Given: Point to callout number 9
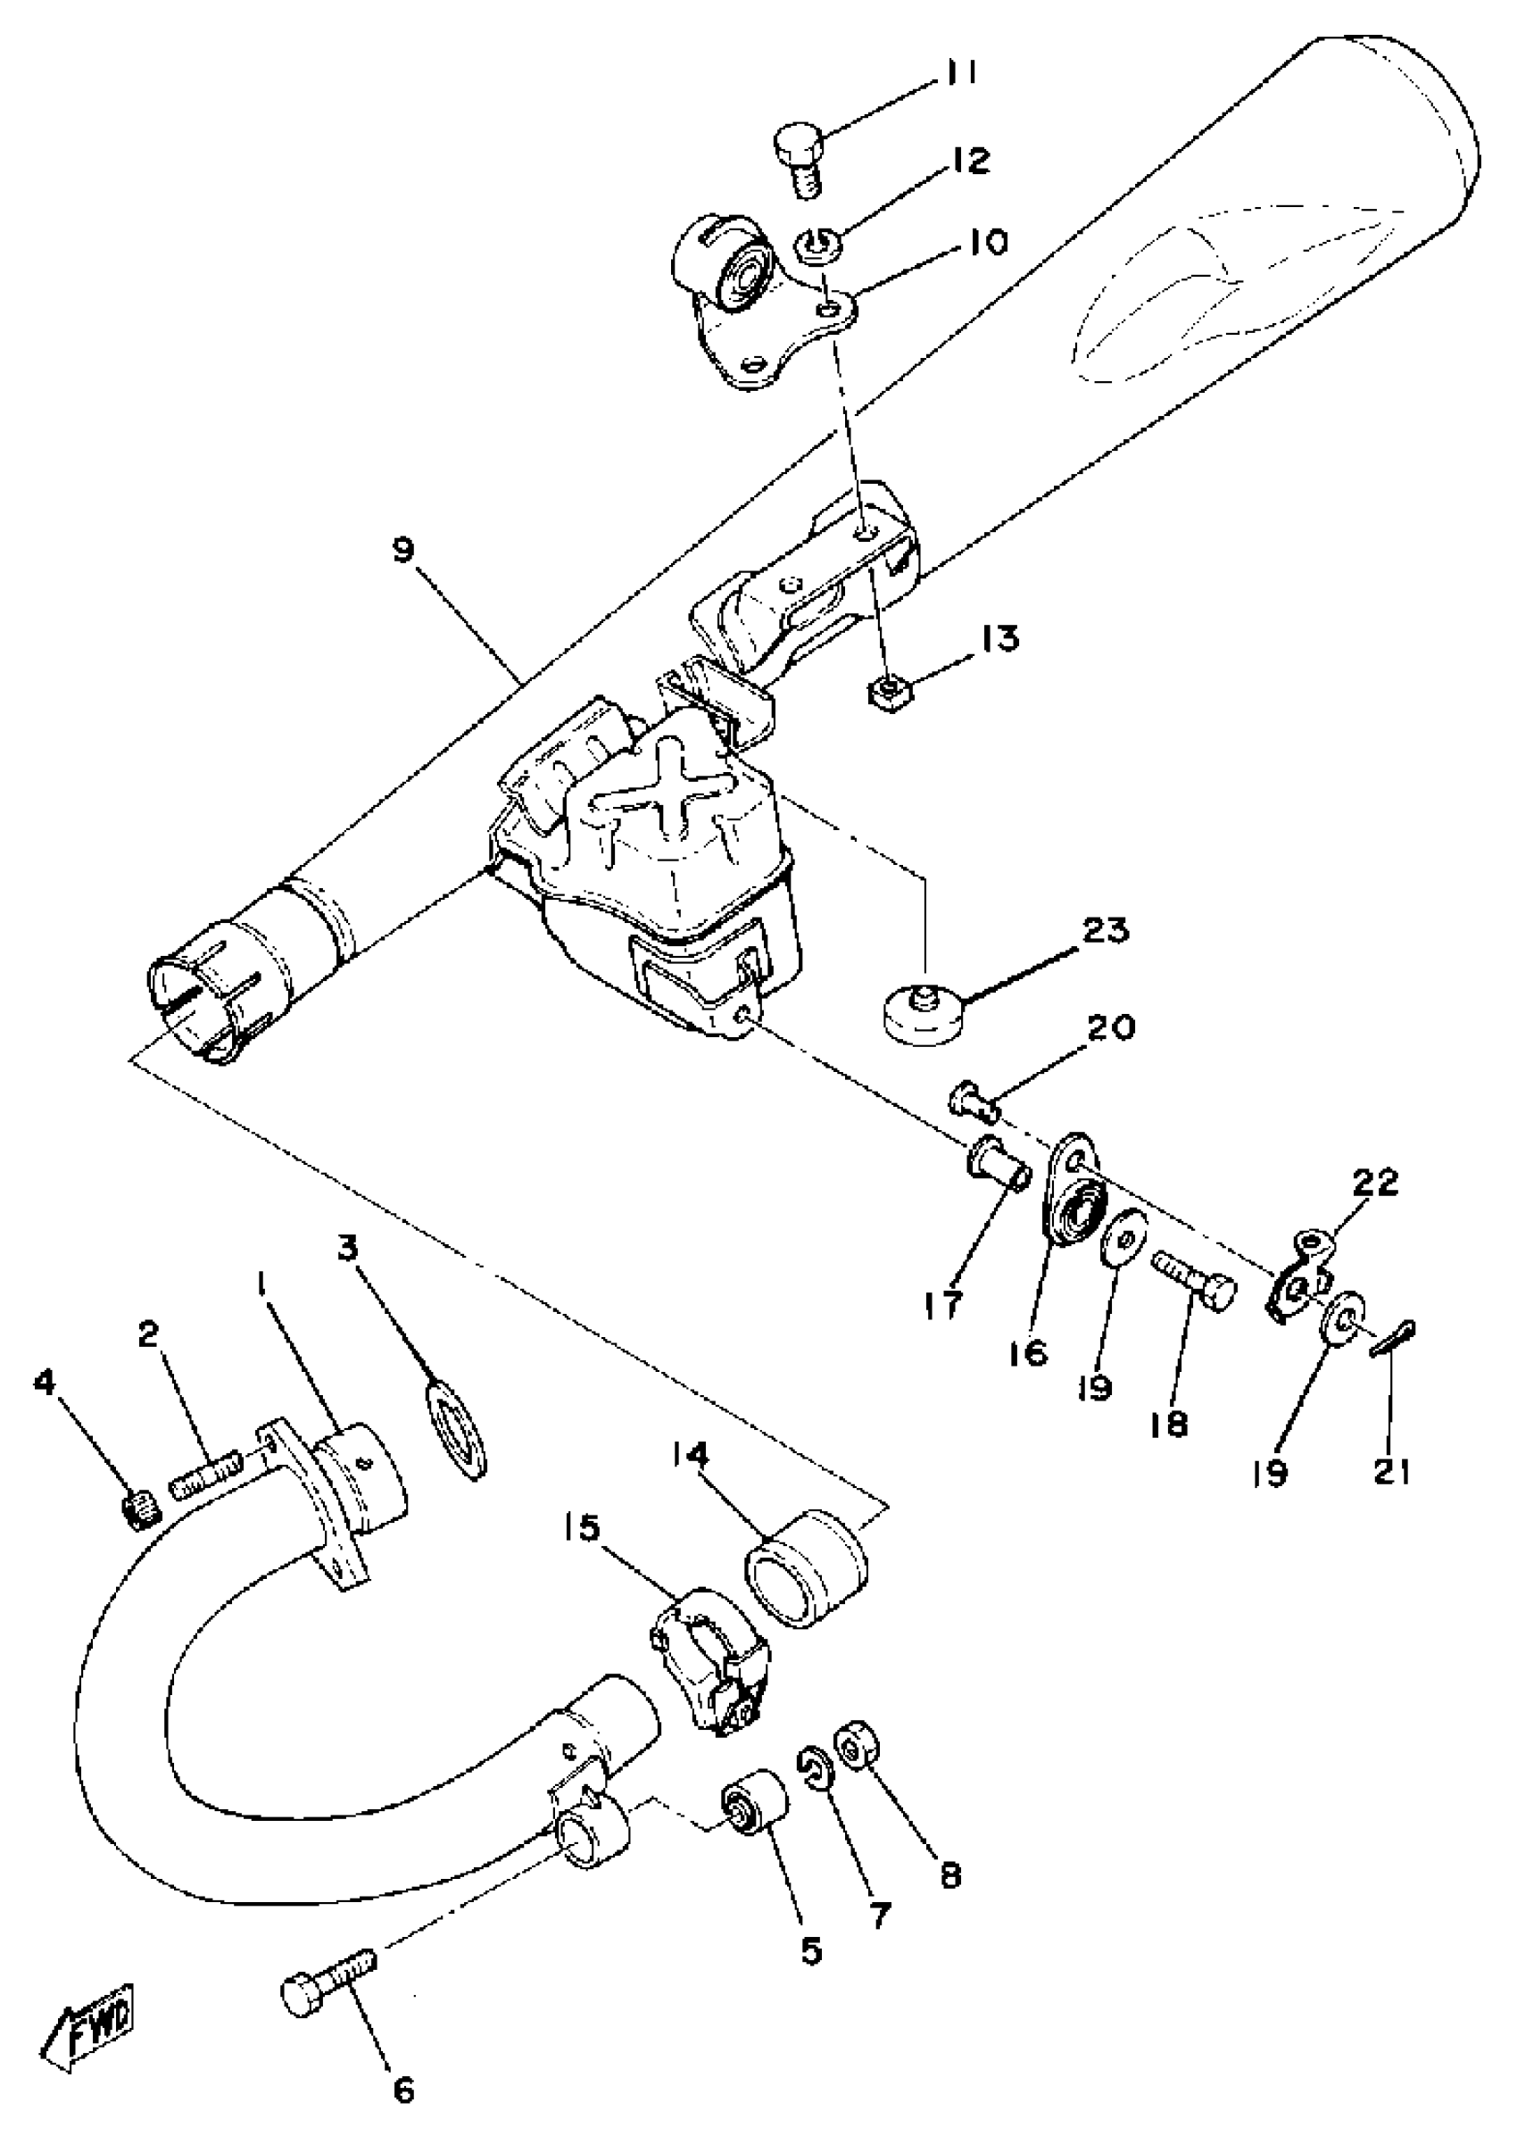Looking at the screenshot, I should point(402,553).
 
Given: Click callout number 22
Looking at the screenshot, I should point(1376,1184).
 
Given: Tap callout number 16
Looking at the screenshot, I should point(1030,1354).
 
